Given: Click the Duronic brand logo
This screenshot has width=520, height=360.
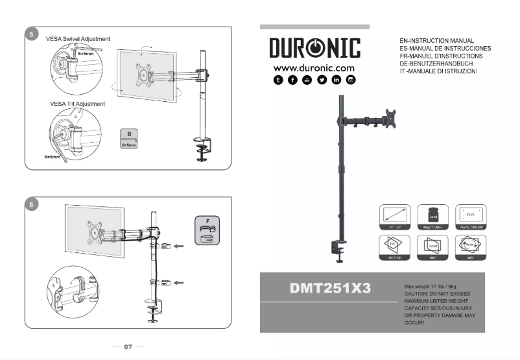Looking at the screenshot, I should [x=314, y=49].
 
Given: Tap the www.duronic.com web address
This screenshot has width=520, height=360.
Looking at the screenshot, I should [x=314, y=68].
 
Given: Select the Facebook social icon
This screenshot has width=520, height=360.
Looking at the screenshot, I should [x=292, y=80].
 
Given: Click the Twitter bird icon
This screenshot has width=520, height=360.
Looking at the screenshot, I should [x=322, y=80].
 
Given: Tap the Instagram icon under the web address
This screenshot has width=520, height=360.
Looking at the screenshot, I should [x=351, y=80].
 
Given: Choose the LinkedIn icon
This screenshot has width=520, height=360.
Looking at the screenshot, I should [x=337, y=80].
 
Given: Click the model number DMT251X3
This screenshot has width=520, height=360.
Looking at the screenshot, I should [x=330, y=289].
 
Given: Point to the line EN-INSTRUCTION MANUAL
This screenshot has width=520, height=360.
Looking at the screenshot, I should [x=437, y=41].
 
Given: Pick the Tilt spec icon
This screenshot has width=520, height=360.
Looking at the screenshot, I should [x=394, y=247].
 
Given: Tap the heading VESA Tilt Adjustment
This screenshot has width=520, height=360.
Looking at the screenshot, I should [x=77, y=104].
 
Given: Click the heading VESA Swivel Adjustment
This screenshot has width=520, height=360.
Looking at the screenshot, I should [x=78, y=39].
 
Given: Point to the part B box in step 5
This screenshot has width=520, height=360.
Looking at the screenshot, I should [x=129, y=139].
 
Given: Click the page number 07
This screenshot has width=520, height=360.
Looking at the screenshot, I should [x=128, y=347].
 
